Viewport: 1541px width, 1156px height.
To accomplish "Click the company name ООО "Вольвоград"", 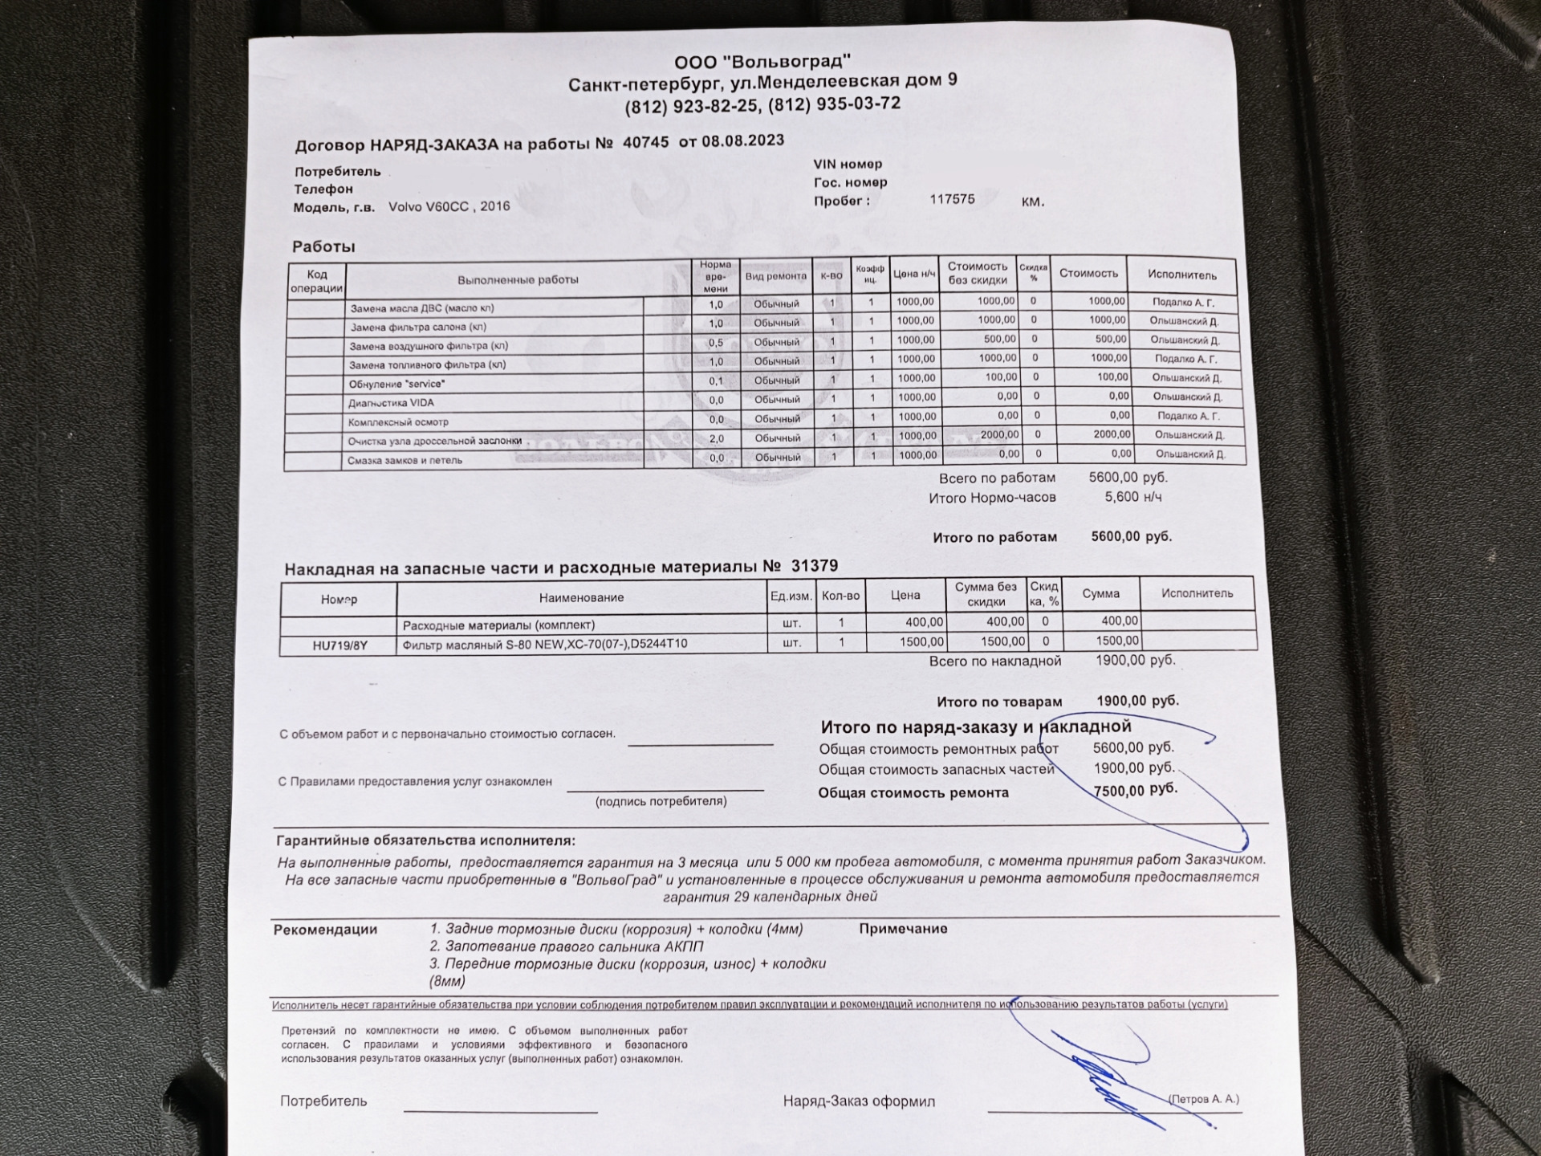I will tap(762, 62).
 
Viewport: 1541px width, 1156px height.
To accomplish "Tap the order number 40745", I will tap(645, 142).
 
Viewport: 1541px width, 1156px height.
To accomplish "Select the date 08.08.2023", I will tap(742, 140).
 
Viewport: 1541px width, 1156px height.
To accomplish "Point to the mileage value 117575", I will tap(952, 199).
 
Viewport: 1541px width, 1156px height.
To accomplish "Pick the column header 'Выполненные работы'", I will tap(518, 280).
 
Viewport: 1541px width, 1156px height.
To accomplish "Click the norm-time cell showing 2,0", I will tap(716, 438).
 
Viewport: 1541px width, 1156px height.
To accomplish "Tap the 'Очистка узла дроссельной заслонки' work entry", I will tap(434, 441).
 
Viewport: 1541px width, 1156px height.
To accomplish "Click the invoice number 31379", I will tap(814, 566).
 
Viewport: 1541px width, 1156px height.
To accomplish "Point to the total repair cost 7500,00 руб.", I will tap(1135, 790).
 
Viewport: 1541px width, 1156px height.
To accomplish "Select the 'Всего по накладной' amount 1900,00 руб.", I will tap(1135, 660).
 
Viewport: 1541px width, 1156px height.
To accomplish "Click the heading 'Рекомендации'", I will tap(325, 930).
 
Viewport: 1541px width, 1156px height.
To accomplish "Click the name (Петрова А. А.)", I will tap(1203, 1099).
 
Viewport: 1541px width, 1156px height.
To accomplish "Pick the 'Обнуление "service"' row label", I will tap(396, 384).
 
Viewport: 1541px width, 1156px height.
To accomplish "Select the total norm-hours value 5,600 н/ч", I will tap(1132, 497).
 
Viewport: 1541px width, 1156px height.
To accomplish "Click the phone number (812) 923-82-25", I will tap(691, 107).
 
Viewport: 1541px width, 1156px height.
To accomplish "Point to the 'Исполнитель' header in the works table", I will tap(1181, 275).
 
